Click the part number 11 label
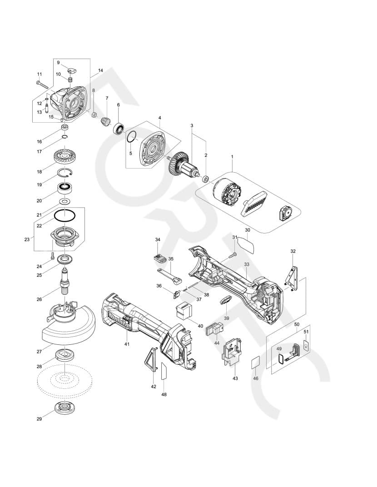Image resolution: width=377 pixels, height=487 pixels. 40,74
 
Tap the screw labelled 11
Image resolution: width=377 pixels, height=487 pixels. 42,84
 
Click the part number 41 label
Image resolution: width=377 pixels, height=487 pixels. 127,344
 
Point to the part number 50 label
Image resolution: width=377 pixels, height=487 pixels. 297,324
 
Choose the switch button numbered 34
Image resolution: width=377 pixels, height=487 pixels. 159,259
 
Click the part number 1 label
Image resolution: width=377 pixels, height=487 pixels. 232,157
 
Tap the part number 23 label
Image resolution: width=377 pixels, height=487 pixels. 27,239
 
